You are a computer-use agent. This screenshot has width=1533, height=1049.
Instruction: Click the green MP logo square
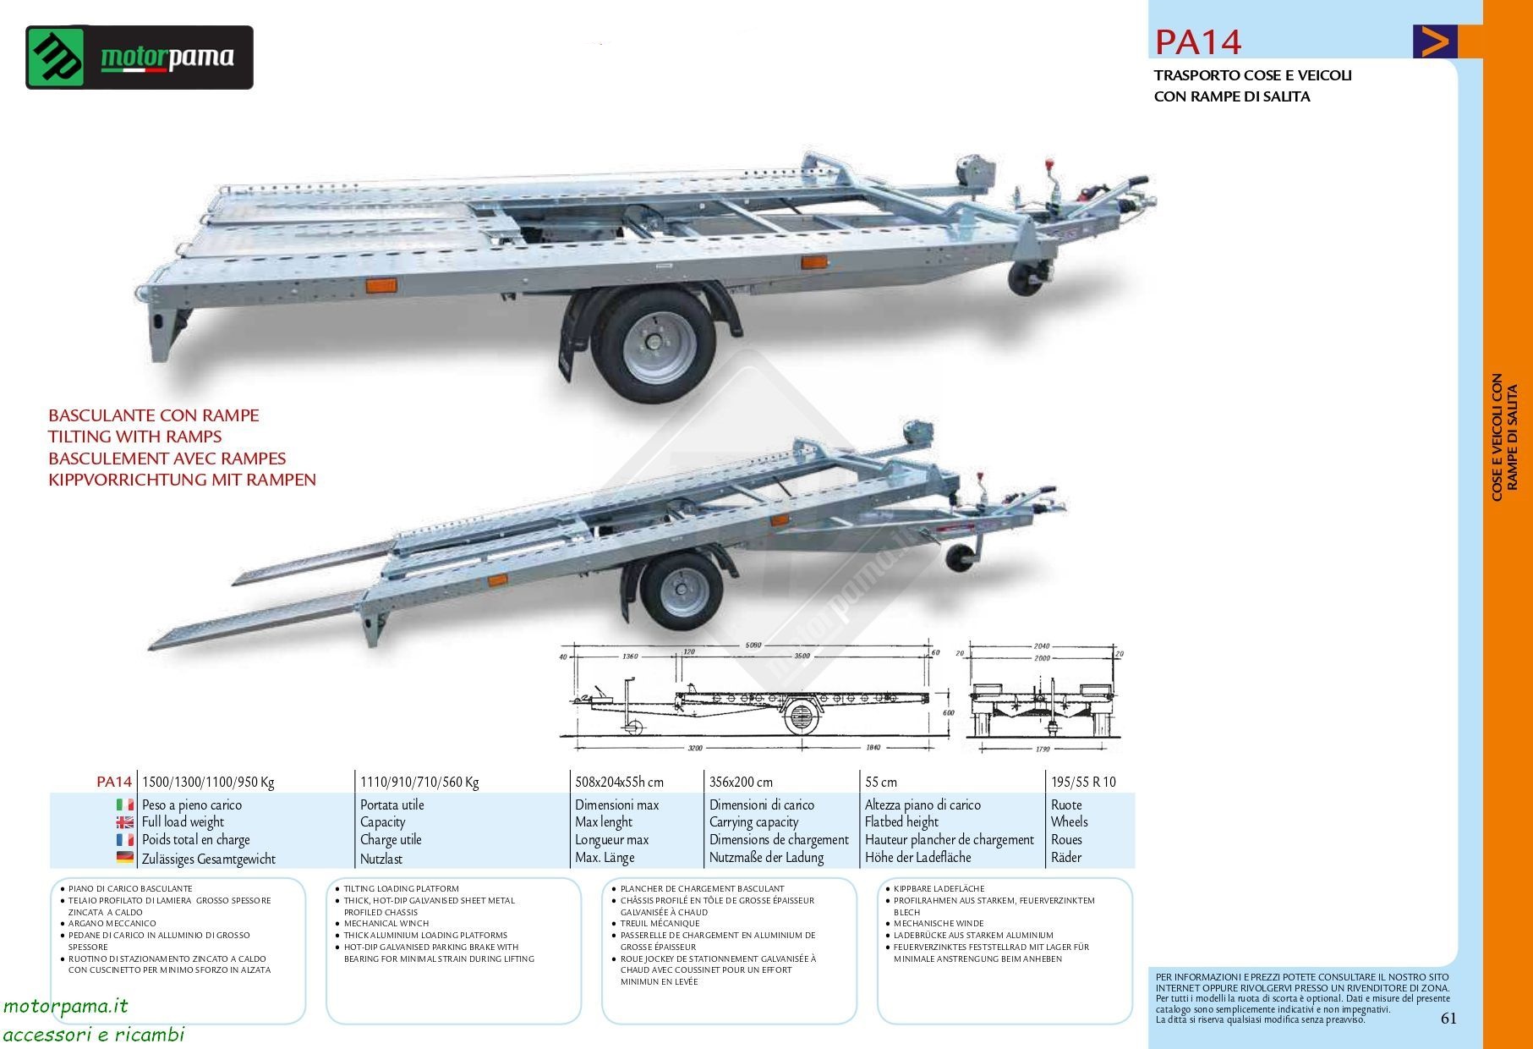tap(56, 58)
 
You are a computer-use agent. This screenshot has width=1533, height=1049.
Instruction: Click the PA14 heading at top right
tap(1198, 41)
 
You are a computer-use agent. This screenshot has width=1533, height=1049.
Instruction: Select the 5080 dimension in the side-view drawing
tap(750, 645)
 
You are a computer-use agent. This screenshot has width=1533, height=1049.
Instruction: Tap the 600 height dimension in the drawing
tap(948, 713)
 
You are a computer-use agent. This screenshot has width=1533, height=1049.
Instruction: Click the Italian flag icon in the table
tap(125, 805)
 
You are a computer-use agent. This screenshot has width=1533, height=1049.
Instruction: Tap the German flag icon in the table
tap(125, 858)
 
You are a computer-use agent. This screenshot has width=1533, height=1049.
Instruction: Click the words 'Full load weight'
tap(183, 822)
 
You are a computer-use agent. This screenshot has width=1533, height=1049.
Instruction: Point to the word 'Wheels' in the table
tap(1069, 822)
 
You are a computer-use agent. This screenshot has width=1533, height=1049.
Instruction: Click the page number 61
tap(1448, 1019)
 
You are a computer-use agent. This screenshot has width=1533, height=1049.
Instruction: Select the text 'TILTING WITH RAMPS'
tap(135, 437)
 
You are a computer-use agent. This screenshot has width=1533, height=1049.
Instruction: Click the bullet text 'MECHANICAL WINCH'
tap(386, 924)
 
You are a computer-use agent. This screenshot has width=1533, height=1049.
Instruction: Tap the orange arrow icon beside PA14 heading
tap(1435, 41)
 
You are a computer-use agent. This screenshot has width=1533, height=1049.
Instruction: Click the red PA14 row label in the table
tap(114, 782)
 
